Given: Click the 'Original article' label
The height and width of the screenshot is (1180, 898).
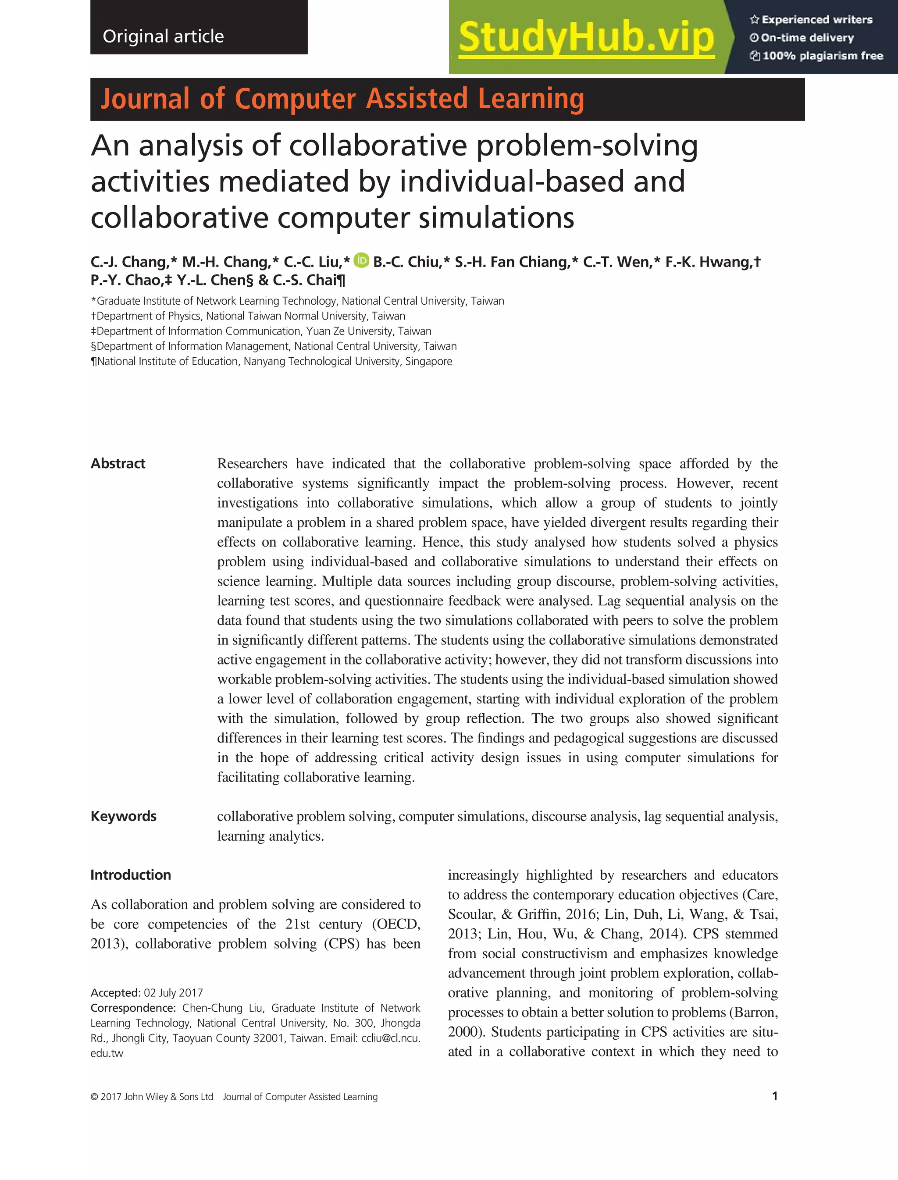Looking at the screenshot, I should [x=163, y=36].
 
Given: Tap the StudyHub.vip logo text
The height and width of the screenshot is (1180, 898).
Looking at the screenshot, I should [x=586, y=37].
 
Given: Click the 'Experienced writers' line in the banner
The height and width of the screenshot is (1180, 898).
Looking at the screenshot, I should [x=811, y=20].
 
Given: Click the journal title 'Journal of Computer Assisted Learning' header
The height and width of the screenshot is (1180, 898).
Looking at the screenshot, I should [x=342, y=100].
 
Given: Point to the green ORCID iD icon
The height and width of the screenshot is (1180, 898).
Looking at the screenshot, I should [x=362, y=260].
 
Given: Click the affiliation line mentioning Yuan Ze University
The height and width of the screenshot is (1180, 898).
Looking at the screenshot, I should [x=261, y=331].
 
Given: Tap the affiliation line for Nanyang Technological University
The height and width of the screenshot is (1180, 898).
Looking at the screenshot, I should [x=271, y=361].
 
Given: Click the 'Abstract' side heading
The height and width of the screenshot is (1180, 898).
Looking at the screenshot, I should [x=118, y=463].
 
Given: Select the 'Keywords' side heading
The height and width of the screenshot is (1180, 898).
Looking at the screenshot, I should [x=124, y=816].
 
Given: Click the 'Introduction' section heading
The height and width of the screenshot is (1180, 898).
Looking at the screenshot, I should [x=130, y=875].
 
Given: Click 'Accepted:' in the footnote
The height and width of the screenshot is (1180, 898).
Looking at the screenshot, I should [x=115, y=993].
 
